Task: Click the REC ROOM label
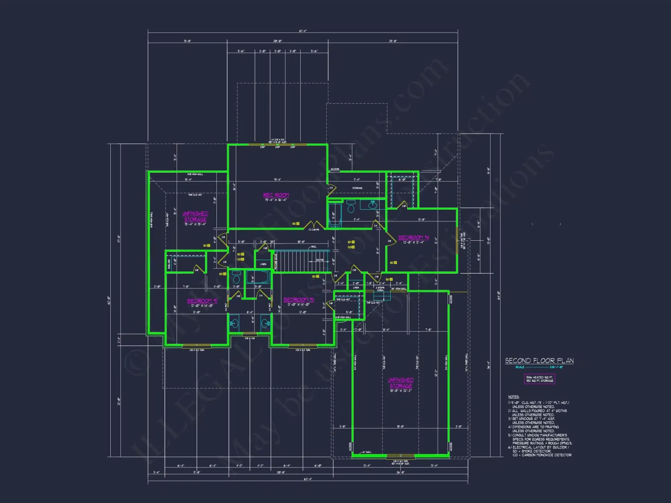point(276,195)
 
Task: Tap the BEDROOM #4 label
point(413,237)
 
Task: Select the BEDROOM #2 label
point(202,301)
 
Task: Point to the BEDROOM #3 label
point(299,300)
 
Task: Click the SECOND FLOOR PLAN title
point(539,361)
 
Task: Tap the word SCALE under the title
point(520,367)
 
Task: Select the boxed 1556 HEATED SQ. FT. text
point(539,377)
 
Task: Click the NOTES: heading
point(513,397)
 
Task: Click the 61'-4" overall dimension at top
point(303,31)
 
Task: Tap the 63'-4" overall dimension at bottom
point(308,479)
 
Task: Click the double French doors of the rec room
point(314,225)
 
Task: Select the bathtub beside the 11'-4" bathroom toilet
point(334,215)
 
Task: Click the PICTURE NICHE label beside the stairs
point(276,262)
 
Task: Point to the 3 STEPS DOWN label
point(380,289)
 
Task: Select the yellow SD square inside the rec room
point(298,224)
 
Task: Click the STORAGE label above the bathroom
point(357,188)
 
